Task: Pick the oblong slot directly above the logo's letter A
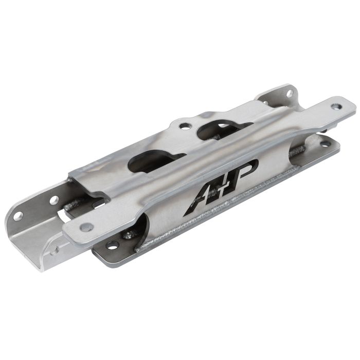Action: (x=154, y=160)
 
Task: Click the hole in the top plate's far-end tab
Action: (x=336, y=106)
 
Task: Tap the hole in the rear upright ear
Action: (x=290, y=93)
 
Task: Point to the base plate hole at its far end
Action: (x=325, y=144)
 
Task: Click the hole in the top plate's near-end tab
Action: (x=86, y=227)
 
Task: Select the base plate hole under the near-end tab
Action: (x=113, y=245)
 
